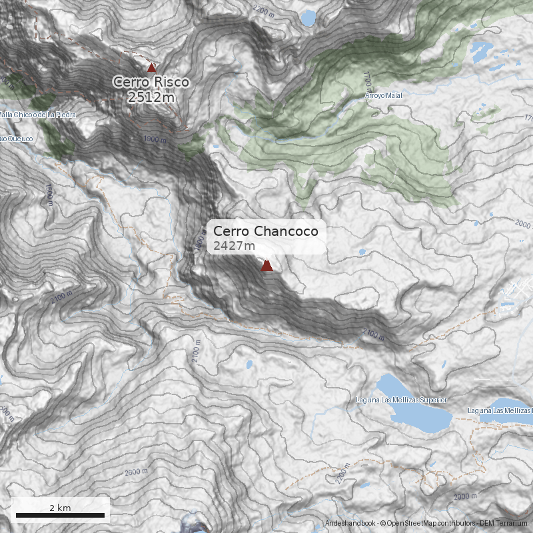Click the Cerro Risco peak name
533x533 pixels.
coord(151,82)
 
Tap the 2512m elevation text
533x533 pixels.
coord(151,97)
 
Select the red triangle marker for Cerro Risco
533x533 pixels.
coord(151,67)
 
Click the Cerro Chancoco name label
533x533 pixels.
coord(265,231)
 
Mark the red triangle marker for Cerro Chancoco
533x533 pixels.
coord(266,266)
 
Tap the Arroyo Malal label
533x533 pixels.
coord(384,96)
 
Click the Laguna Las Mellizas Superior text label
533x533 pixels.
coord(401,400)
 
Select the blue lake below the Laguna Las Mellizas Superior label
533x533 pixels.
coord(413,413)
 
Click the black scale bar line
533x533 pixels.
coord(60,516)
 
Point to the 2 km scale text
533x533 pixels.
coord(60,508)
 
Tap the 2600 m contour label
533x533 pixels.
coord(136,472)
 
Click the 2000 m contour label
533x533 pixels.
coord(466,496)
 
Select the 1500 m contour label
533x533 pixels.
coord(49,195)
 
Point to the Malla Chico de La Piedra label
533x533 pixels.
coord(38,115)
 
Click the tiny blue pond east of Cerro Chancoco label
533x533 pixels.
coord(362,253)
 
